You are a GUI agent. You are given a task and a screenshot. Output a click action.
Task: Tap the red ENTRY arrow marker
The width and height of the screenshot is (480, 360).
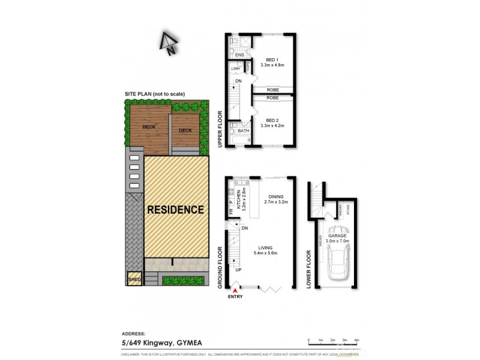(x=235, y=291)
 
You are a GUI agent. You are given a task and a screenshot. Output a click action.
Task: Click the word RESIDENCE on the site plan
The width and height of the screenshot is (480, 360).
(x=176, y=210)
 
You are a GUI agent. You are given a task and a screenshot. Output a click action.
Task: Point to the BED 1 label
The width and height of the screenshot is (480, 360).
(x=272, y=59)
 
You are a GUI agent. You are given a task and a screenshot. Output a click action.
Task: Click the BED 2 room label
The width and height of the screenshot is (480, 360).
(x=272, y=119)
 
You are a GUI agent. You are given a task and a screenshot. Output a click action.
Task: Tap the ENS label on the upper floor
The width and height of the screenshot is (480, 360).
(x=239, y=55)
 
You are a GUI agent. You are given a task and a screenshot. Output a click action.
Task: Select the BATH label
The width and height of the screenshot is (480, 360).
(x=243, y=131)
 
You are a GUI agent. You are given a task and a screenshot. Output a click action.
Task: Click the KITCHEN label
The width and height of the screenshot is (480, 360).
(x=239, y=196)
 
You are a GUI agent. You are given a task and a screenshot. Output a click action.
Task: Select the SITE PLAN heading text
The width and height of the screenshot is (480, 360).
(x=154, y=94)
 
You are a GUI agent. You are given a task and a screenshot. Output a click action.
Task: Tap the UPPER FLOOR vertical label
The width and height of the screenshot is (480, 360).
(x=220, y=129)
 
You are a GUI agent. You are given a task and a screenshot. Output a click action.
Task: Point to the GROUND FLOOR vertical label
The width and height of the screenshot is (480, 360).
(x=220, y=265)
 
